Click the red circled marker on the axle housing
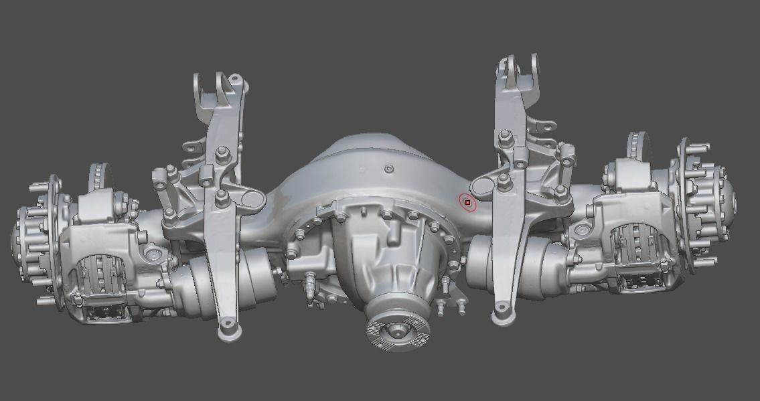(467, 202)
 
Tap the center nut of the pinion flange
(398, 329)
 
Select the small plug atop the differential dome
(387, 169)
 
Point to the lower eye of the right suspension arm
(500, 313)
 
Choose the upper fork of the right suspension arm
(518, 70)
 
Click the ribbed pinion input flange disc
(398, 330)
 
